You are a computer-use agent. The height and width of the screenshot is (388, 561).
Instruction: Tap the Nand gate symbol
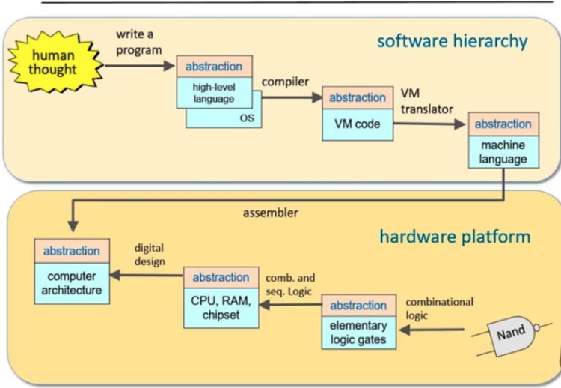click(512, 336)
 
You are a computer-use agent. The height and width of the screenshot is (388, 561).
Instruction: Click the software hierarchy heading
click(453, 41)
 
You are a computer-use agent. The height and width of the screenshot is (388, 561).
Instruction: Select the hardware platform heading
click(455, 237)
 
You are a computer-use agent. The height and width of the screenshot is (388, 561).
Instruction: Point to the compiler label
click(285, 82)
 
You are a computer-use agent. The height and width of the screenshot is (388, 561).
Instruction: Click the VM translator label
click(426, 101)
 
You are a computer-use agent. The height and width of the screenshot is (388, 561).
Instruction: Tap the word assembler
click(271, 213)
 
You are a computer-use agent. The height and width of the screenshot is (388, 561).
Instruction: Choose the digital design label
click(150, 255)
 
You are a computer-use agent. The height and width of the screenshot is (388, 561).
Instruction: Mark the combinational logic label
click(439, 309)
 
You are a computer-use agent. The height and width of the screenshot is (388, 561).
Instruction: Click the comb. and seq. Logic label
click(290, 285)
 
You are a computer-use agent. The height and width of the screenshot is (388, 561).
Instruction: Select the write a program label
click(139, 42)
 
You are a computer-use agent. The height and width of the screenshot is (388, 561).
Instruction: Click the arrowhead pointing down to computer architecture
click(73, 226)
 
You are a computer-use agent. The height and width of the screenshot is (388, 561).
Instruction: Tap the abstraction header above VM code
click(358, 97)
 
